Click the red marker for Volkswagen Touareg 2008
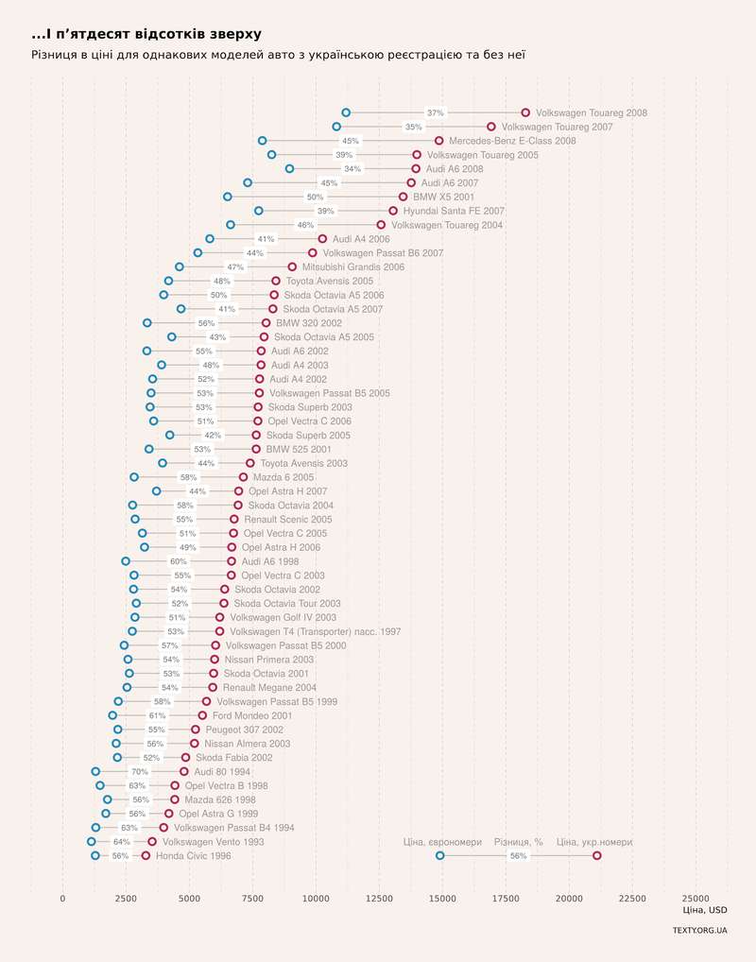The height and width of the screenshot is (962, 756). coord(525,112)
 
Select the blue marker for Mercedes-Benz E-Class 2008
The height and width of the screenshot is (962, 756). coord(263,141)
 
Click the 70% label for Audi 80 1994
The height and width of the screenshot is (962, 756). coord(139,772)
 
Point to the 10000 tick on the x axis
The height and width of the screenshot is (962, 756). coord(316,899)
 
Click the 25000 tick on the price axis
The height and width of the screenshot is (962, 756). coord(696,899)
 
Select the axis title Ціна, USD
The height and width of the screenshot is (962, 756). coord(704,911)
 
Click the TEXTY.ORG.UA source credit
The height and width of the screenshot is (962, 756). coord(699,931)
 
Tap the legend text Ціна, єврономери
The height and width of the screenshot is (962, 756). coord(442,842)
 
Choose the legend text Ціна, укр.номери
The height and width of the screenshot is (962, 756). coord(594,842)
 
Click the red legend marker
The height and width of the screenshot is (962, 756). coord(596,856)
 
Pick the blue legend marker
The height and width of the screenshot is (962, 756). coord(440,856)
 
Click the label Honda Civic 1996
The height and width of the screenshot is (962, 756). coord(194,856)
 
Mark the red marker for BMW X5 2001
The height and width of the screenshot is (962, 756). coord(403,197)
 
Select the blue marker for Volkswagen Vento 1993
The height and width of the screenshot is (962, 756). coord(92,842)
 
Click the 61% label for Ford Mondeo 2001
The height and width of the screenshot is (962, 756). coord(157,716)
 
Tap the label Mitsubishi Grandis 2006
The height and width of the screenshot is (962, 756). coord(353,267)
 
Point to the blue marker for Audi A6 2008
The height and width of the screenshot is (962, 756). coord(289,168)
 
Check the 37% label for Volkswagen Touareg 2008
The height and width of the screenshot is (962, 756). coord(435,113)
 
